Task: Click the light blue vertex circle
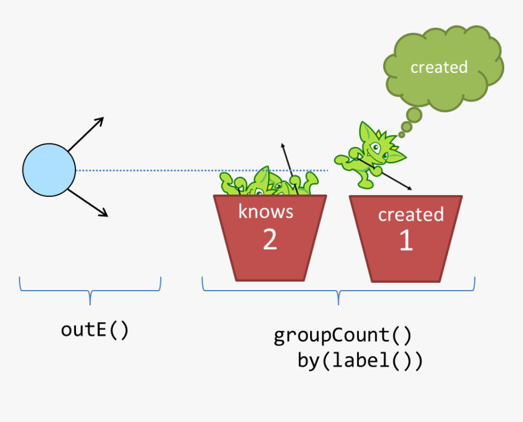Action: coord(49,170)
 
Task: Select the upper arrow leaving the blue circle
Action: coord(86,134)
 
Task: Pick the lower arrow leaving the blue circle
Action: coord(88,203)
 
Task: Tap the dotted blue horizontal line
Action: coord(201,170)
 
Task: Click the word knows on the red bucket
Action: coord(266,212)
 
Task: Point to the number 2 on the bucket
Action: coord(270,239)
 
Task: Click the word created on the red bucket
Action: coord(411,214)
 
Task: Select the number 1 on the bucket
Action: coord(406,240)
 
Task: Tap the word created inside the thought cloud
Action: coord(439,67)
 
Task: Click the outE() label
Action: coord(95,330)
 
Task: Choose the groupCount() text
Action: coord(342,336)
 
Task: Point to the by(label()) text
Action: coord(360,361)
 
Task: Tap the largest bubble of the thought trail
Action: coord(414,115)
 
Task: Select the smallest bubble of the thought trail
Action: coord(401,135)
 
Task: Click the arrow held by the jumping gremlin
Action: coord(384,174)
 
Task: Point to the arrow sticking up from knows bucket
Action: coord(289,169)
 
